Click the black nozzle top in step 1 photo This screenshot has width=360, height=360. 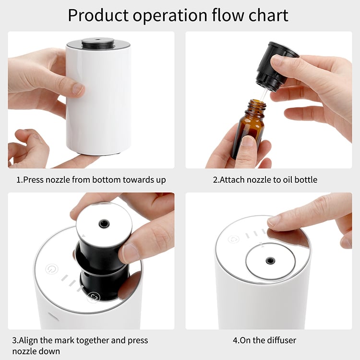point(98,44)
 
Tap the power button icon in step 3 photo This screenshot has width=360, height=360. point(51,269)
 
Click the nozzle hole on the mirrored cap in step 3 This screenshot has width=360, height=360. point(103,224)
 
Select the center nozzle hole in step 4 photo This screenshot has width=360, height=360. point(270,261)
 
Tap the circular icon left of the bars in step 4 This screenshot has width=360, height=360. point(234,239)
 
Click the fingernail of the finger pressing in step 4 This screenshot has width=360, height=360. point(275,221)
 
